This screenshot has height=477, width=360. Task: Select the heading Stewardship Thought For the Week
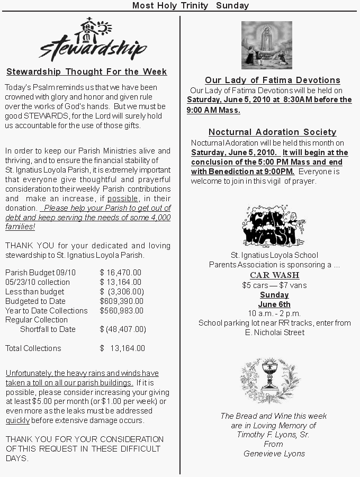tap(86, 72)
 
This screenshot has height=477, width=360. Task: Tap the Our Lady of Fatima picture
tap(266, 45)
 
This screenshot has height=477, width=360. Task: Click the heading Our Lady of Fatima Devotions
tap(272, 80)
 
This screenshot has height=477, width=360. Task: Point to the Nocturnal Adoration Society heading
tap(272, 132)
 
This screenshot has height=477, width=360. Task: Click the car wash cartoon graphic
tap(270, 227)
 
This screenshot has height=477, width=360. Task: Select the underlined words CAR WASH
tap(274, 275)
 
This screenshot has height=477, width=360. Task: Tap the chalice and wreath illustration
tap(269, 380)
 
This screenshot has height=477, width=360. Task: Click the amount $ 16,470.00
tap(120, 273)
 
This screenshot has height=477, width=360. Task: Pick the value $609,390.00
tap(121, 301)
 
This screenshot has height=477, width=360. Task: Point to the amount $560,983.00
tap(121, 311)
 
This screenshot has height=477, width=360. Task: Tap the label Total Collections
tap(33, 348)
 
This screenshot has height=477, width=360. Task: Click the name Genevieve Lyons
tap(274, 454)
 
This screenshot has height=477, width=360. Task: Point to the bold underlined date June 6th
tap(274, 304)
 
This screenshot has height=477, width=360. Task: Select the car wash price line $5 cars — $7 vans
tap(274, 285)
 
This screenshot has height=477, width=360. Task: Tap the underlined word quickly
tap(18, 420)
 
